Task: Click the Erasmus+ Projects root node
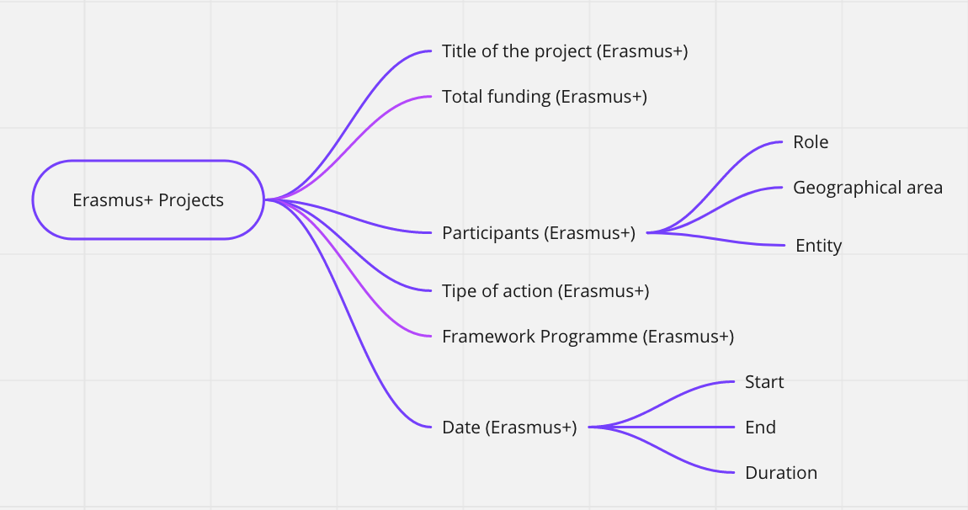[x=148, y=199]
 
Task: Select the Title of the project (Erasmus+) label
[x=565, y=51]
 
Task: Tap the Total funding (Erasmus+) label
[x=545, y=97]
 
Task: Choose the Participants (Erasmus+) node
[x=539, y=233]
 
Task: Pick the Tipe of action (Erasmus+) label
[x=545, y=291]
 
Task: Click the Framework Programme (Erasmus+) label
[x=588, y=337]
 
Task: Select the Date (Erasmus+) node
[x=509, y=428]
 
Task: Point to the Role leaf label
[x=811, y=142]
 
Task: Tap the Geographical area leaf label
[x=867, y=188]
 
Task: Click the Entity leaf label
[x=819, y=246]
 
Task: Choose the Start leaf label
[x=764, y=382]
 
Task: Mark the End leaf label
[x=761, y=428]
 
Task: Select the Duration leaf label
[x=781, y=473]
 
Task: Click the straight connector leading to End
[x=662, y=427]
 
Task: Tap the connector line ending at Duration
[x=662, y=451]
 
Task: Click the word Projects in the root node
[x=191, y=200]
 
